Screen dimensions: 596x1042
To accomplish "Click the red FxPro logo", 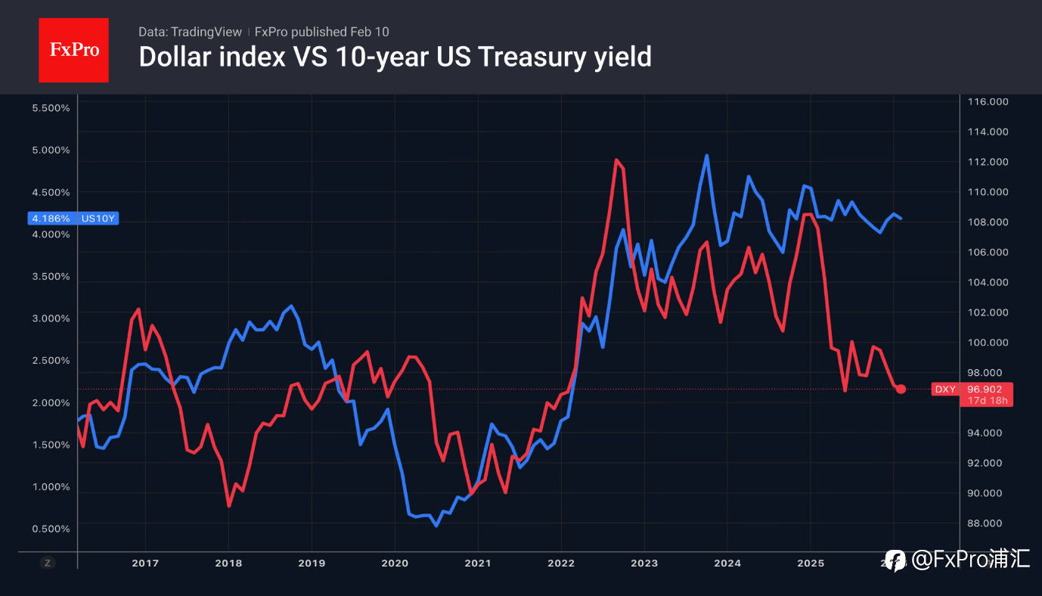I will point(73,50).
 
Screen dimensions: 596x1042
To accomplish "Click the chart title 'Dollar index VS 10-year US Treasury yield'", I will point(395,57).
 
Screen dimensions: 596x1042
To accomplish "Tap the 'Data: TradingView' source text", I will point(190,32).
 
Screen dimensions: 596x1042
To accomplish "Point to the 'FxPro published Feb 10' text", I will point(322,32).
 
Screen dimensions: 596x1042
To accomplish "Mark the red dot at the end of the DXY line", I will point(901,389).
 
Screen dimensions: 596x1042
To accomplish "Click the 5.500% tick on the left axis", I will point(51,108).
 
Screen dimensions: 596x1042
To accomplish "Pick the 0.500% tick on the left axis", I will point(51,528).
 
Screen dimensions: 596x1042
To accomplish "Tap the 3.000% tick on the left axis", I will point(51,318).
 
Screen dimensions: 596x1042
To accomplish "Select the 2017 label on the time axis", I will point(144,563).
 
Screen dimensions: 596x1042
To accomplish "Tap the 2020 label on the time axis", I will point(394,563).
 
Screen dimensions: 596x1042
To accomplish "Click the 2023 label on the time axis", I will point(644,563).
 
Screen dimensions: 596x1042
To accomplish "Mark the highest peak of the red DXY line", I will point(616,160).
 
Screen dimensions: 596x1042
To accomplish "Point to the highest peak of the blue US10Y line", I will point(706,156).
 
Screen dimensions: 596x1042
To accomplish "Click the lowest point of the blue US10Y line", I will point(436,525).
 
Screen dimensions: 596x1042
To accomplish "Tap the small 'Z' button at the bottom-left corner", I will point(47,563).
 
